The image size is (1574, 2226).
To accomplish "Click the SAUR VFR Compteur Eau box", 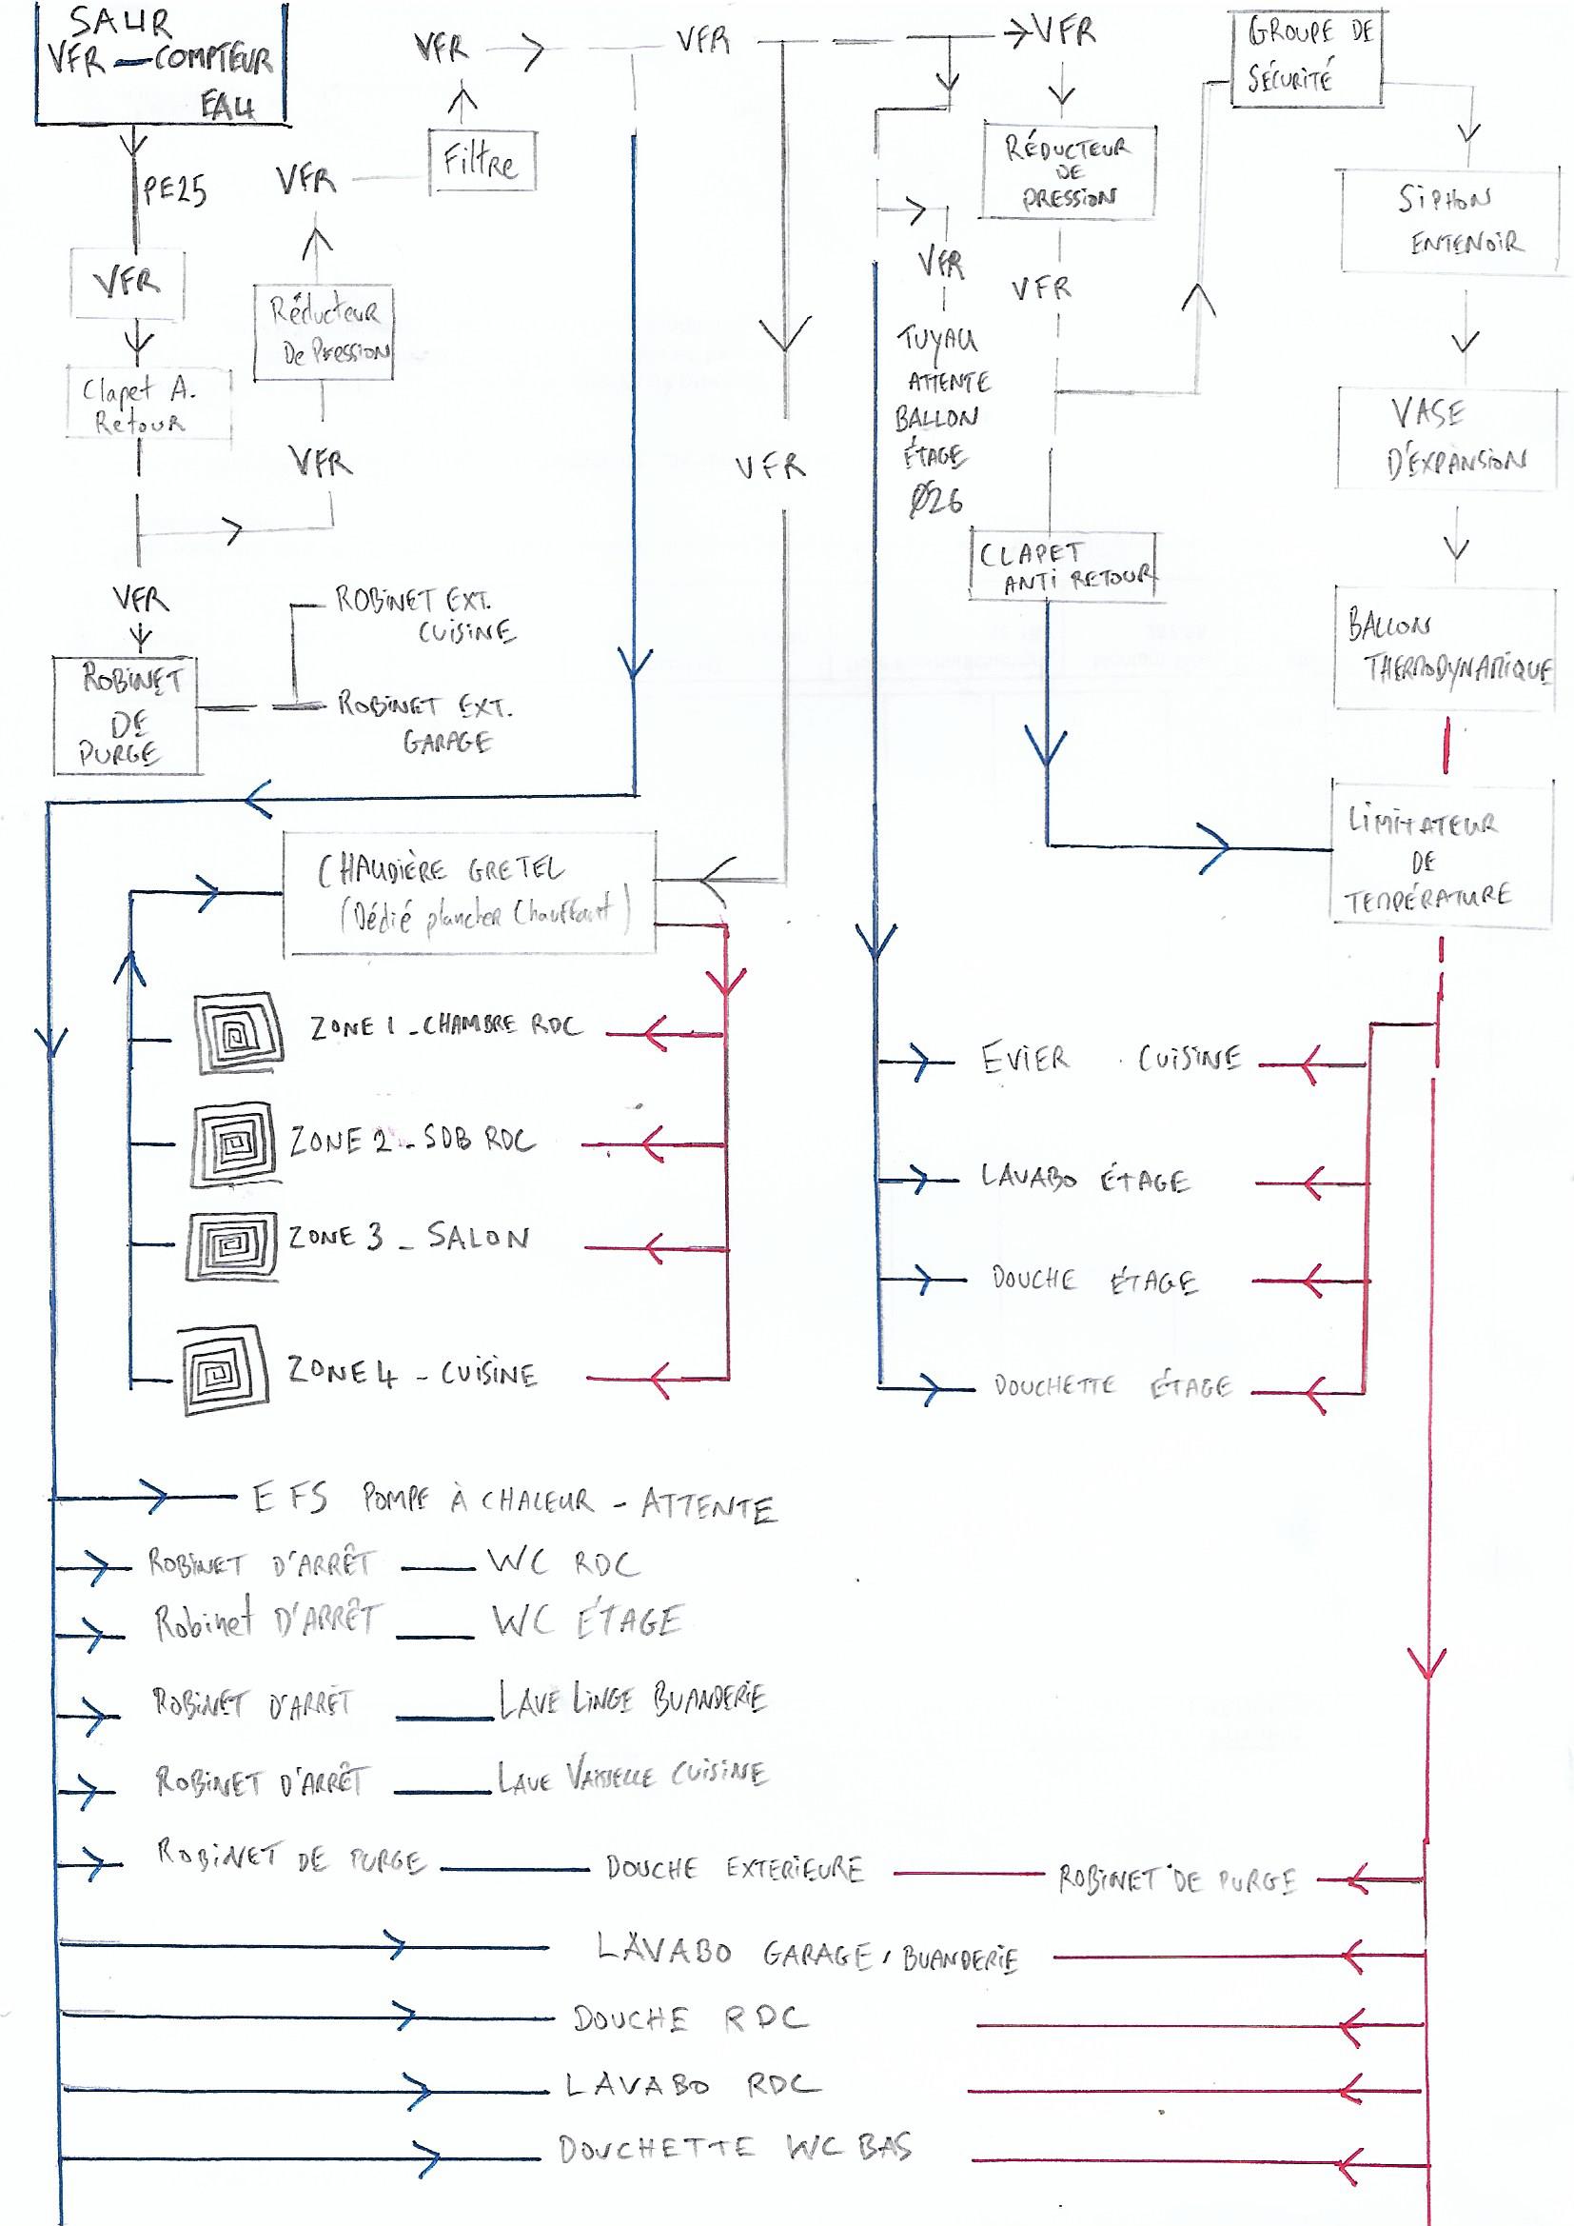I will [161, 64].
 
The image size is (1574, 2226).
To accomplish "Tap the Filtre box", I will [482, 161].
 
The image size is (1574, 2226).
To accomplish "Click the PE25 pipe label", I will [175, 190].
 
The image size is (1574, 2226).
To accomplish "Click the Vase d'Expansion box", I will [1450, 438].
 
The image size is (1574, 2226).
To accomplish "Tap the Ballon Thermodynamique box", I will [1445, 646].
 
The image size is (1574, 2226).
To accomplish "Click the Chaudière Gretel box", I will [469, 893].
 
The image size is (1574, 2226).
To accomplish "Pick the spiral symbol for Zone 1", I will [239, 1031].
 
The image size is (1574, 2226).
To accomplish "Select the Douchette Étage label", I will [1112, 1387].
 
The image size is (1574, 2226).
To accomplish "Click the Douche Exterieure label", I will [734, 1868].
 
